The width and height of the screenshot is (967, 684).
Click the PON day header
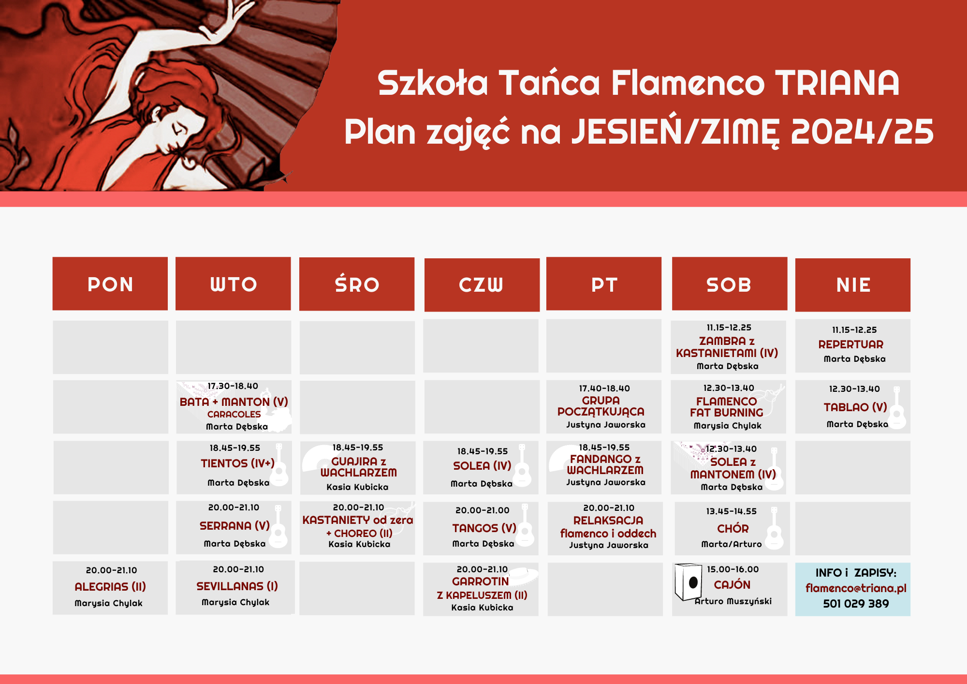(x=110, y=284)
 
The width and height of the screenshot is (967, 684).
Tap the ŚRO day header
(x=357, y=284)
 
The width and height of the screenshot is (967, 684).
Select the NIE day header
(x=853, y=285)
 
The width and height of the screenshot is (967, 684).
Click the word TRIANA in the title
(x=837, y=83)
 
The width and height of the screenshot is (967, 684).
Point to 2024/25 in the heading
(x=862, y=132)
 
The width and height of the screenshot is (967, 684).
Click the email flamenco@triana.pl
(x=856, y=588)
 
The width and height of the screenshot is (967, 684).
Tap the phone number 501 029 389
(x=856, y=604)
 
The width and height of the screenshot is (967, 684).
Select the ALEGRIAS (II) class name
(x=110, y=587)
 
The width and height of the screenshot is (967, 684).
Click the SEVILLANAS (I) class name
(x=237, y=586)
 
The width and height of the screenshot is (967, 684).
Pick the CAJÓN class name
(x=732, y=584)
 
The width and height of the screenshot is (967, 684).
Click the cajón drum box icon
(x=688, y=581)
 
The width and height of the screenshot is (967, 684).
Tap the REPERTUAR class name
(x=851, y=344)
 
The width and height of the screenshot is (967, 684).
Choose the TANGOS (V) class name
(x=484, y=528)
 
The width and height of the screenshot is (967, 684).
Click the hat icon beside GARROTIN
(x=522, y=576)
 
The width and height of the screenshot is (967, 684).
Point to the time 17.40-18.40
(x=604, y=388)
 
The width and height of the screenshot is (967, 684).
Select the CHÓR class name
(x=733, y=529)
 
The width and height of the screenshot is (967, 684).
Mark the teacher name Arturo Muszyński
(x=733, y=601)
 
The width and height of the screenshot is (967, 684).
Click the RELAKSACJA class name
(x=608, y=520)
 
